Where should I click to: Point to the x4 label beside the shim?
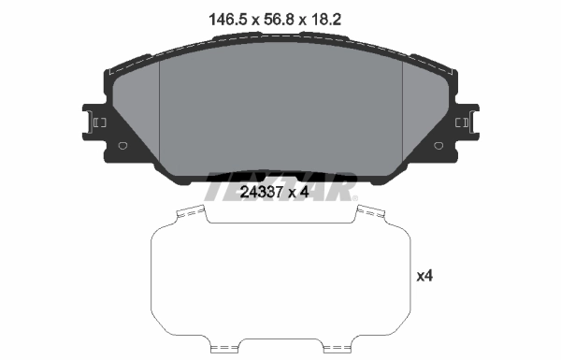click(x=424, y=276)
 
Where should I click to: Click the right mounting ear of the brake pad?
click(x=467, y=122)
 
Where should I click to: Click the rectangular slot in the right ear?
click(x=461, y=122)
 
